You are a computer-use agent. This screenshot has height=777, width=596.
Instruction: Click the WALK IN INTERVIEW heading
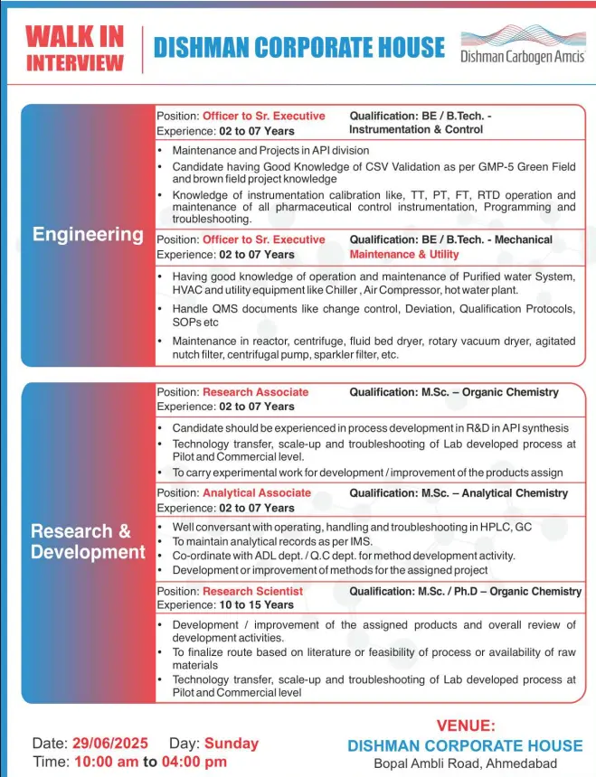74,49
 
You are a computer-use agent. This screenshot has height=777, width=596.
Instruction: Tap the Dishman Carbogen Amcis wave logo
523,37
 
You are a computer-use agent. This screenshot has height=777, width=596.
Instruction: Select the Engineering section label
88,235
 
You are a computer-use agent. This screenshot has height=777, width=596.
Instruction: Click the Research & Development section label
88,541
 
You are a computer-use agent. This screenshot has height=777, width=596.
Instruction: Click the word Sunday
232,743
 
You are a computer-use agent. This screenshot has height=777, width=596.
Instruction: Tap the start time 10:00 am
107,761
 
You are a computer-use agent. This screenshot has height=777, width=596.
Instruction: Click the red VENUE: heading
466,725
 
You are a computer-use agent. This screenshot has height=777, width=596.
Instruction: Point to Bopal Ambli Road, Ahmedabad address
466,764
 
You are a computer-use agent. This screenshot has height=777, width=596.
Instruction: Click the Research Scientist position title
252,591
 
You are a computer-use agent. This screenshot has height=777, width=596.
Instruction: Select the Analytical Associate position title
257,492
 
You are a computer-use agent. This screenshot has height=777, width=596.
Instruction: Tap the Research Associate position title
255,392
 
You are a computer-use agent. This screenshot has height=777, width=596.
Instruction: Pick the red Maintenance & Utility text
404,254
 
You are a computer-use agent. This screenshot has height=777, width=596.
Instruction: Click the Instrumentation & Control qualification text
416,129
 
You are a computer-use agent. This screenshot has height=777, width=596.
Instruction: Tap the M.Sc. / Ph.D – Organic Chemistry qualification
466,591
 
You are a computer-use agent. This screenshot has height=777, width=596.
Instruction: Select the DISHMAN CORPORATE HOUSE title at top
299,48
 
